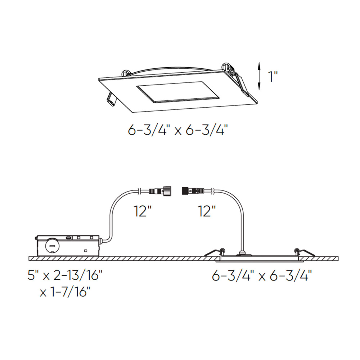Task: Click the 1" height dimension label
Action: [x=273, y=76]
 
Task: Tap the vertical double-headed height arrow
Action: [x=259, y=76]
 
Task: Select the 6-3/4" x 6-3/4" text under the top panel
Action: [x=178, y=130]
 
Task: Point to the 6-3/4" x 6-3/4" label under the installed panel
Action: [x=262, y=275]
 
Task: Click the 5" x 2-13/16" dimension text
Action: [x=65, y=275]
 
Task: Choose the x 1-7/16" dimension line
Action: [x=65, y=292]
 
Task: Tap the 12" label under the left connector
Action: [x=143, y=211]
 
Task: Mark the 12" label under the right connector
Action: [x=207, y=211]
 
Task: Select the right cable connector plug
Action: [x=193, y=191]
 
